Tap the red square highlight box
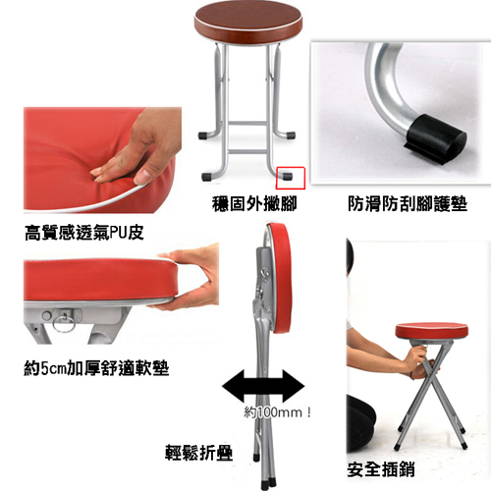pos(291,178)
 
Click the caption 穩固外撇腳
pos(254,204)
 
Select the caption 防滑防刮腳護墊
pos(408,204)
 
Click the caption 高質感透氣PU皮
pos(84,233)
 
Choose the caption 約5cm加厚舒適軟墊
pos(96,368)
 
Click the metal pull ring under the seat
pos(64,323)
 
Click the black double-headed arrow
pos(263,386)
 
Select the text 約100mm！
pos(277,412)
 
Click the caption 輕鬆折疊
pos(198,453)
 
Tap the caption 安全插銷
pos(381,469)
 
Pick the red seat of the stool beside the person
pos(432,331)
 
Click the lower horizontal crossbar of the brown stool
pos(247,151)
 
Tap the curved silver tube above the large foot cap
pos(385,86)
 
